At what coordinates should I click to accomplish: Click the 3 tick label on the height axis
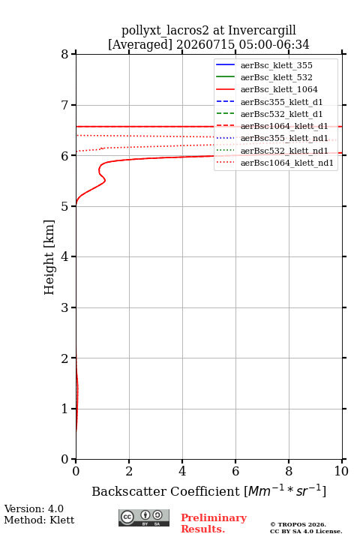click(x=64, y=307)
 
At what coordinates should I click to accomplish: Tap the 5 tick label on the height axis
click(x=64, y=206)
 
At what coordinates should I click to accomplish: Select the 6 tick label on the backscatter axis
click(x=235, y=471)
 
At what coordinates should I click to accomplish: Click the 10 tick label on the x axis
click(x=342, y=471)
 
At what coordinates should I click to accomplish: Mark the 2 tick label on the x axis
click(x=129, y=471)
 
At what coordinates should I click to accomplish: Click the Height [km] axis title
click(x=49, y=257)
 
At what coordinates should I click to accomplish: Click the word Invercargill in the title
click(x=262, y=31)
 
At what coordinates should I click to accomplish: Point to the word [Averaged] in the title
click(x=139, y=45)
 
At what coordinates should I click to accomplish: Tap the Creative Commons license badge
click(x=144, y=517)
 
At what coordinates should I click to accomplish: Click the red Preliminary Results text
click(x=214, y=523)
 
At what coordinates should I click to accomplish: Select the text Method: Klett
click(x=39, y=520)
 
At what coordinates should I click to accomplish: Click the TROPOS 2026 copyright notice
click(x=298, y=524)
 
